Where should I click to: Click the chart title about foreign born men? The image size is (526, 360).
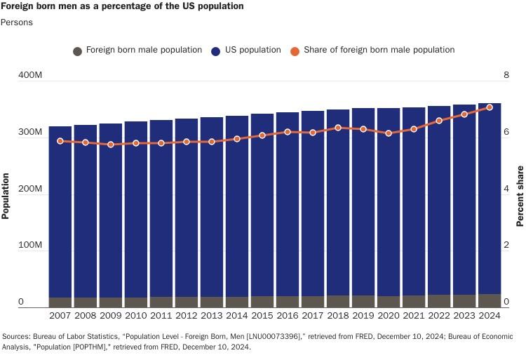[122, 6]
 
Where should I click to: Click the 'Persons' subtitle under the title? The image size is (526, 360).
[17, 22]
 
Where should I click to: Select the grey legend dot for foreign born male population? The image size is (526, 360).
[78, 51]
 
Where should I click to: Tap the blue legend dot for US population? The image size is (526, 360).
[217, 51]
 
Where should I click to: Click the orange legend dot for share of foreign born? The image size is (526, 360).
[295, 51]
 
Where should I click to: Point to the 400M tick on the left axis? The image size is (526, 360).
[30, 75]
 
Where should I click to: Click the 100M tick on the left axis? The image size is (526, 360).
[30, 246]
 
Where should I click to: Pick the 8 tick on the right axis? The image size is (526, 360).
[506, 75]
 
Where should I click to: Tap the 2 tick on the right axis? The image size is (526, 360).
[506, 246]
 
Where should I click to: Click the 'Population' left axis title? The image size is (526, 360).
[6, 196]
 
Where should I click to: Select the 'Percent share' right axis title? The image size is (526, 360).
[520, 196]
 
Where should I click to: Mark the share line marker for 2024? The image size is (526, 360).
[490, 107]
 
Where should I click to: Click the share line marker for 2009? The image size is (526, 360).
[111, 145]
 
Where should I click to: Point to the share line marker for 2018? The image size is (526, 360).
[338, 128]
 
